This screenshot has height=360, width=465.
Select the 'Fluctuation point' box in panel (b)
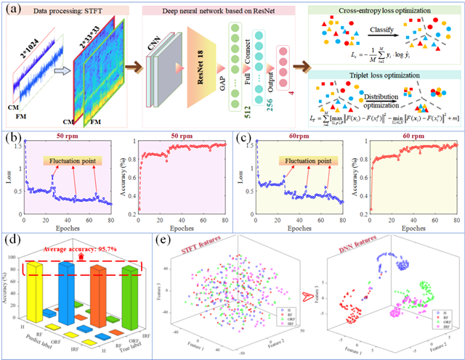tap(72, 160)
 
